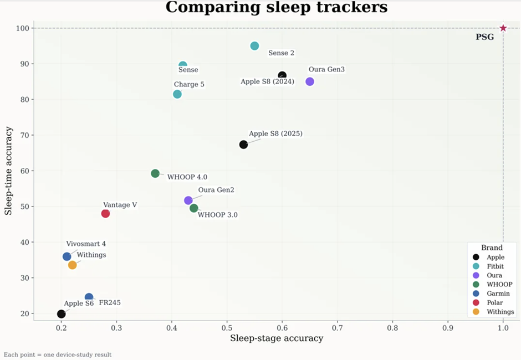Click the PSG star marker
coord(503,28)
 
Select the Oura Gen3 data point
coord(310,81)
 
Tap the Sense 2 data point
coord(254,46)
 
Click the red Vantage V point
coord(105,214)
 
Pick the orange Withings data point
coord(72,265)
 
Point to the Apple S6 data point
coord(61,314)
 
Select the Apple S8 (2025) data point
coord(243,145)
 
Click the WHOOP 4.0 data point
coord(155,173)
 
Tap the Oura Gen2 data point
coord(188,200)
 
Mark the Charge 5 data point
coord(177,94)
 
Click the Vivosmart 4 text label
coord(86,244)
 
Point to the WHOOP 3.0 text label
coord(217,215)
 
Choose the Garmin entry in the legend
coord(496,294)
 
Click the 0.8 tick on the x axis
coord(393,328)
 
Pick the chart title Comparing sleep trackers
coord(276,8)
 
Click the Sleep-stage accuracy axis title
coord(277,338)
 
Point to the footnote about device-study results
coord(58,354)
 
